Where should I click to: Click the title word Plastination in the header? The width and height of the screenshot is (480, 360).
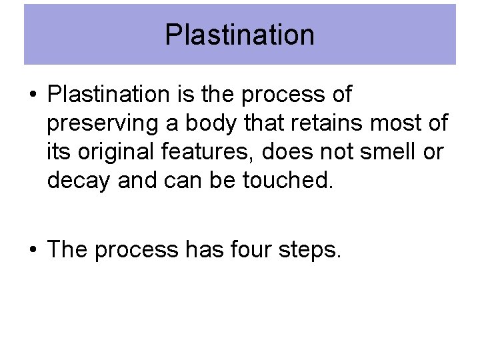[x=239, y=35]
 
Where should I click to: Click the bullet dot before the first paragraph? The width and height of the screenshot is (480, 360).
[x=32, y=95]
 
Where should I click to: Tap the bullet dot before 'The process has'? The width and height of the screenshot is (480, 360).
[x=32, y=250]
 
